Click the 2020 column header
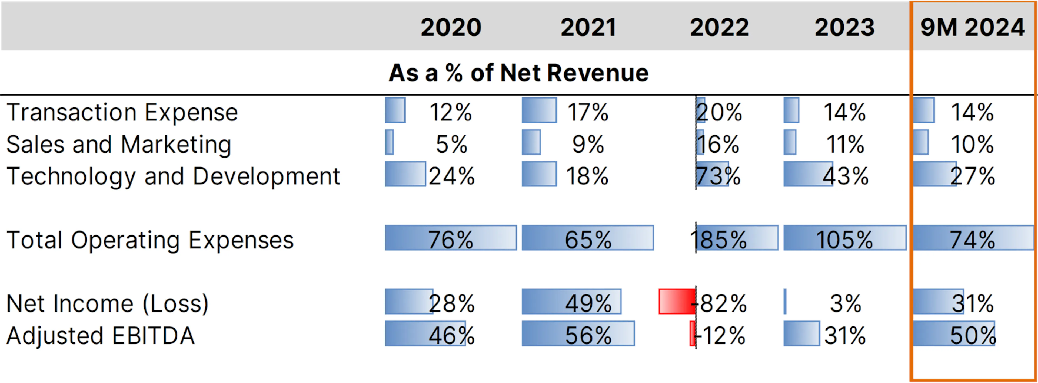coord(451,27)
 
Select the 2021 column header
coord(588,27)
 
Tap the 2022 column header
coord(719,27)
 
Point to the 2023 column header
coord(844,27)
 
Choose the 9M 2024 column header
coord(972,27)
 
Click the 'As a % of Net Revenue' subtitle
coord(519,73)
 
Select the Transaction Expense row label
coord(122,112)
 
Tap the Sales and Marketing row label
coord(119,145)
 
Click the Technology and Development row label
coord(173,176)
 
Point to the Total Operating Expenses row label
coord(150,240)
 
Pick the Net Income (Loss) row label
coord(108,303)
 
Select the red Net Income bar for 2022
coord(677,301)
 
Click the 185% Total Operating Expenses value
coord(718,240)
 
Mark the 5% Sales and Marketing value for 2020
coord(451,145)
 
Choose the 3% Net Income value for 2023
coord(845,303)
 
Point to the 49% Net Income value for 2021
coord(588,303)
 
